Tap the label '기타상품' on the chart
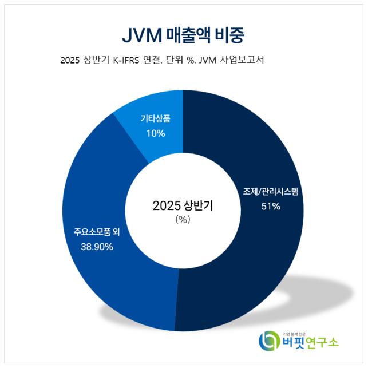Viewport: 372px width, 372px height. point(155,120)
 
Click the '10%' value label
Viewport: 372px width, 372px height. point(155,133)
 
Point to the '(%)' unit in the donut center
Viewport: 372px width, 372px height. point(183,220)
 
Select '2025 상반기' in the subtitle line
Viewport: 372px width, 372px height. point(81,60)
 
